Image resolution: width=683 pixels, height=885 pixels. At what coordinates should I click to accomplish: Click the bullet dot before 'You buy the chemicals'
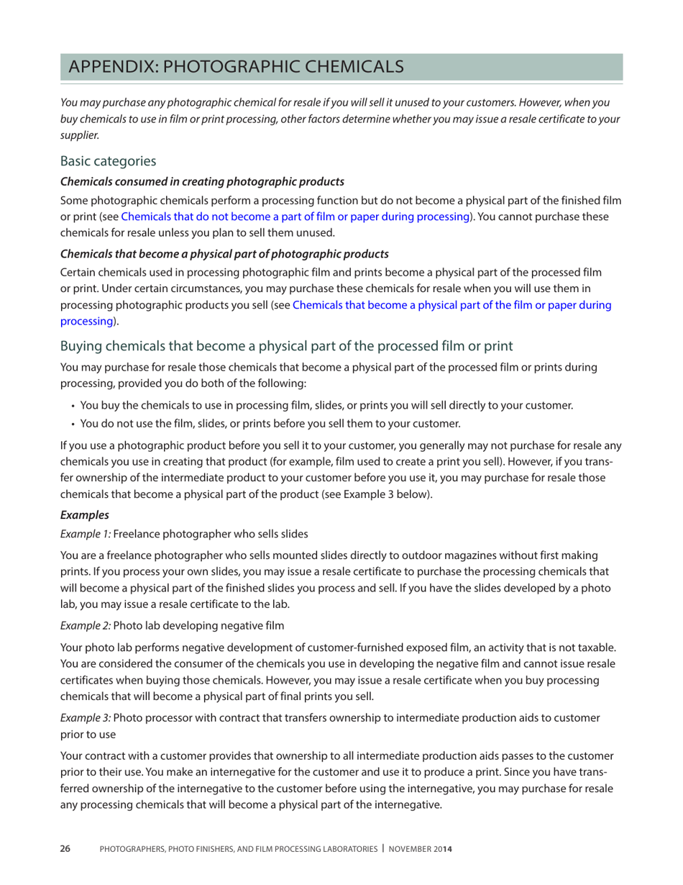click(x=74, y=406)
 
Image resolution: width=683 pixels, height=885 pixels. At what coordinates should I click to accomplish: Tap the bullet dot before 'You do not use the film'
click(x=74, y=424)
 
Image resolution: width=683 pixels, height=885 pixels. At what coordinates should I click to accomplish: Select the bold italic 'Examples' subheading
click(x=81, y=516)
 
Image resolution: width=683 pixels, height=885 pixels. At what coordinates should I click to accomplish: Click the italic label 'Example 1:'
click(x=85, y=534)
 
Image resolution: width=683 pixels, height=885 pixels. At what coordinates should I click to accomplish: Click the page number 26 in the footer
click(x=65, y=849)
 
